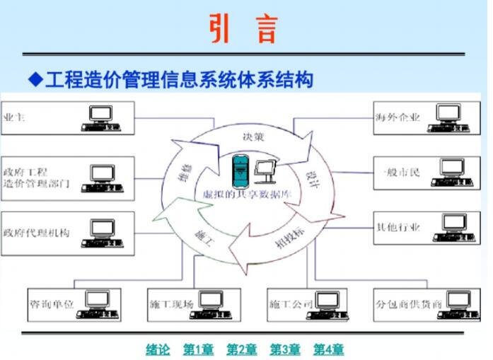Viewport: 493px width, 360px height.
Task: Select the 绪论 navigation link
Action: (158, 349)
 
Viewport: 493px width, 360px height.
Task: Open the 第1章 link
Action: (199, 349)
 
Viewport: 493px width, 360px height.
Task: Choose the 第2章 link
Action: (242, 349)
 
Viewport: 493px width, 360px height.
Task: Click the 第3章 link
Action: (285, 349)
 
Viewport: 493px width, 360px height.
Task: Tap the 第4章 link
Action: (328, 349)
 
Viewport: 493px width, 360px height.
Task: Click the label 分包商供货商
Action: (409, 304)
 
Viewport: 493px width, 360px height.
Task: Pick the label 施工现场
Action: (171, 305)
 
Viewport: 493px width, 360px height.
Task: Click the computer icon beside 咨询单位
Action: (97, 303)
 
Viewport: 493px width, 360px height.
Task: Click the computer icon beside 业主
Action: (101, 117)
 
